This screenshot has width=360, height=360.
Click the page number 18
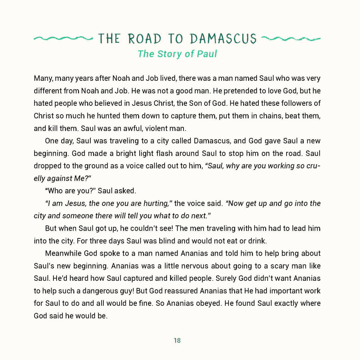[177, 340]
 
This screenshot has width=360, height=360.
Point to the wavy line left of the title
[62, 38]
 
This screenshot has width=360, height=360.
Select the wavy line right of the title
[291, 38]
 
